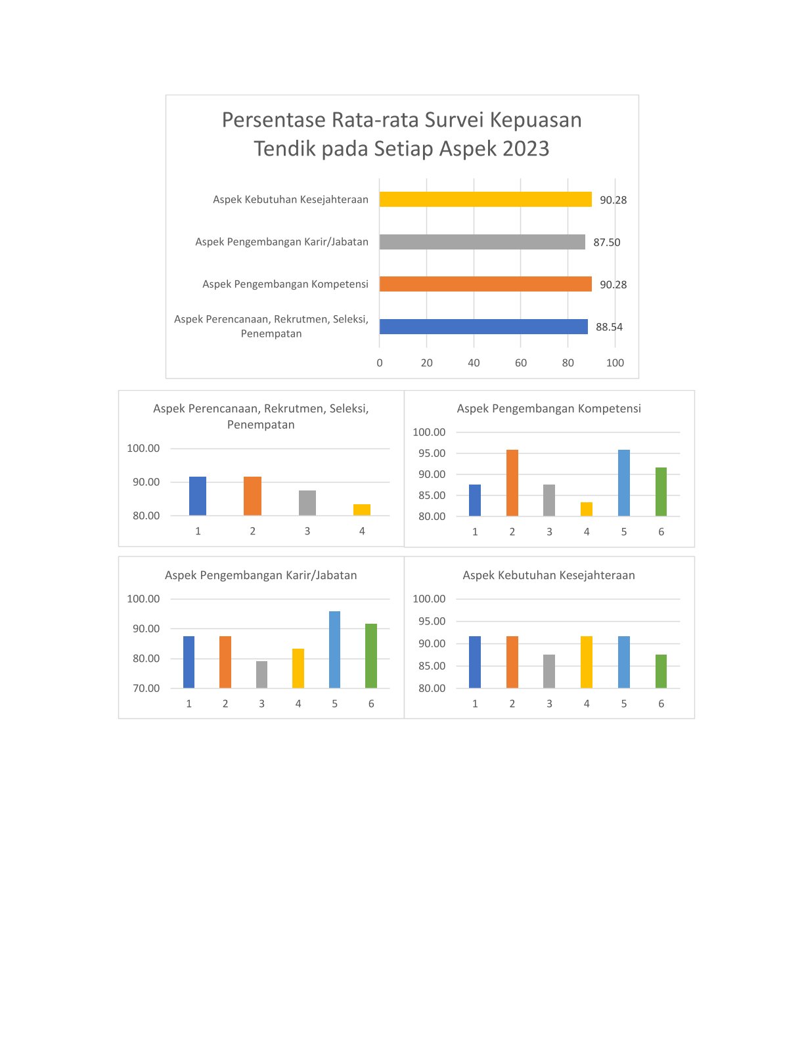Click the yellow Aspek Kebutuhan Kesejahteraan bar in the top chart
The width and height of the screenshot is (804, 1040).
pyautogui.click(x=485, y=199)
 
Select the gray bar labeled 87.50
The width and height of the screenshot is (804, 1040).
pyautogui.click(x=482, y=242)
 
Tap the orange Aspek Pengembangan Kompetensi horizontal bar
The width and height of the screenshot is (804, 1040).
pyautogui.click(x=485, y=284)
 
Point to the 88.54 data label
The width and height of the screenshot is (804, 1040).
pyautogui.click(x=609, y=327)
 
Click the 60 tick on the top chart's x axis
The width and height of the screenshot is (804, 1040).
pyautogui.click(x=520, y=363)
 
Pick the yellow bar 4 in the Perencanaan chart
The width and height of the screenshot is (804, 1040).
pyautogui.click(x=361, y=509)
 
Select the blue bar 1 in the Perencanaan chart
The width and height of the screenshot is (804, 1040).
pyautogui.click(x=197, y=496)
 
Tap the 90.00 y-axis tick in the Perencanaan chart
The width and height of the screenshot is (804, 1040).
pyautogui.click(x=146, y=482)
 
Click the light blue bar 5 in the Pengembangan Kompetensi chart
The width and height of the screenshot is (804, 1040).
pyautogui.click(x=623, y=483)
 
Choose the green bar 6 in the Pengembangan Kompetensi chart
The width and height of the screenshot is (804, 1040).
pyautogui.click(x=661, y=492)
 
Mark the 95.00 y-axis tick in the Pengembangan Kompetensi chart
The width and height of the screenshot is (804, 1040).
pyautogui.click(x=432, y=453)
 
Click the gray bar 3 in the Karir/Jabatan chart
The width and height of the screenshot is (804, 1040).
pyautogui.click(x=261, y=674)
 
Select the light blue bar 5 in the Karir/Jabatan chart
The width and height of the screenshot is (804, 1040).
pyautogui.click(x=334, y=649)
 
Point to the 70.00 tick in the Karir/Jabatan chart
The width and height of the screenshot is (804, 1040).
pyautogui.click(x=146, y=688)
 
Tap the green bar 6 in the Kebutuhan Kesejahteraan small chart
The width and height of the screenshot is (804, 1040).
pyautogui.click(x=661, y=671)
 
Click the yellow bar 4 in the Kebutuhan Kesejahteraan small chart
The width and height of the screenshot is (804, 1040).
pyautogui.click(x=586, y=662)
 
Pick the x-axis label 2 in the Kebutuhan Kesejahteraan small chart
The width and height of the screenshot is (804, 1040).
pyautogui.click(x=512, y=704)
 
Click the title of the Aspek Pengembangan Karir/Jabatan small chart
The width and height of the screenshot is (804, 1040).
pyautogui.click(x=261, y=575)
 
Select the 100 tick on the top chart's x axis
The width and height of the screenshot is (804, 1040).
pyautogui.click(x=615, y=363)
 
